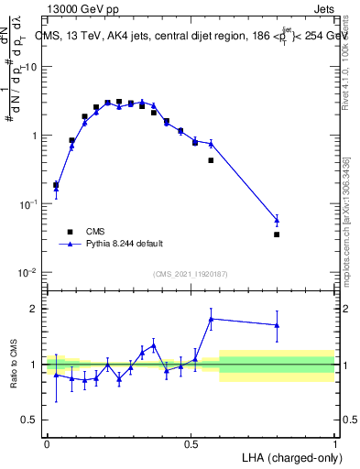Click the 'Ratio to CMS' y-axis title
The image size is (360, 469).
(x=14, y=365)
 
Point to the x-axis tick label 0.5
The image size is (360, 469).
(x=191, y=443)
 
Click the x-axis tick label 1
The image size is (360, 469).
(x=334, y=443)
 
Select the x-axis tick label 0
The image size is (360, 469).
(x=47, y=443)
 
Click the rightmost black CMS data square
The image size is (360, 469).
(x=277, y=234)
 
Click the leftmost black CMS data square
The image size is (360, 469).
(x=56, y=185)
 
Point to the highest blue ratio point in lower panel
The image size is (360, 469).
(x=212, y=319)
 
